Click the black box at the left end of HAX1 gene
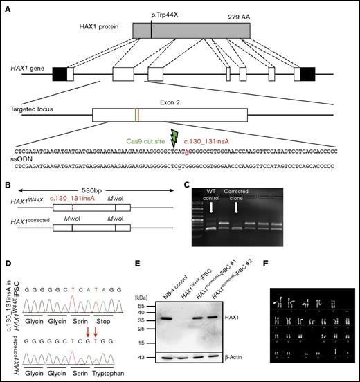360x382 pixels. (x=59, y=72)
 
